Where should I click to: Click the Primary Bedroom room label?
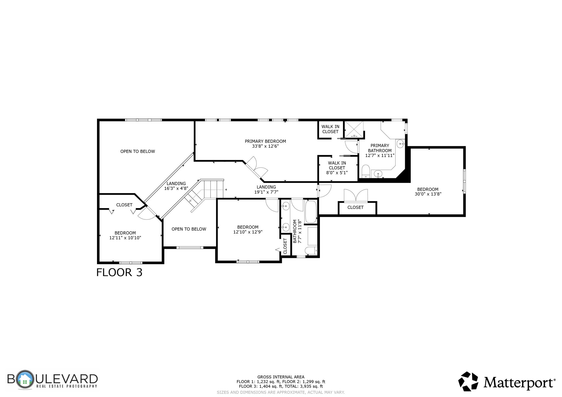pyautogui.click(x=265, y=144)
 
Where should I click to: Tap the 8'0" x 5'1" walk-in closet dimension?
pyautogui.click(x=337, y=173)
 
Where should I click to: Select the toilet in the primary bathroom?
pyautogui.click(x=366, y=172)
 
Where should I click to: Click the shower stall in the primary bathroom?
pyautogui.click(x=354, y=130)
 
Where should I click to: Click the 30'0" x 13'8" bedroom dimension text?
pyautogui.click(x=428, y=194)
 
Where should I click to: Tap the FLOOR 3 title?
pyautogui.click(x=119, y=272)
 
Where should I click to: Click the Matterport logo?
pyautogui.click(x=507, y=381)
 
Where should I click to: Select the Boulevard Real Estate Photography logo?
pyautogui.click(x=52, y=380)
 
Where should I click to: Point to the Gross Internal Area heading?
pyautogui.click(x=281, y=377)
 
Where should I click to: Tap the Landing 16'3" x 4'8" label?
pyautogui.click(x=176, y=186)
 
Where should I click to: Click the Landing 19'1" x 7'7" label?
pyautogui.click(x=266, y=189)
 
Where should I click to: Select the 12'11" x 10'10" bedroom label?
pyautogui.click(x=125, y=235)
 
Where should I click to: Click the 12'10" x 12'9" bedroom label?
pyautogui.click(x=248, y=229)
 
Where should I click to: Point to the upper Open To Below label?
pyautogui.click(x=138, y=151)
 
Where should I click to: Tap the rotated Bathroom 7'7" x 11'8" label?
pyautogui.click(x=297, y=231)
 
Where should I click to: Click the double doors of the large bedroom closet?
pyautogui.click(x=356, y=195)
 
